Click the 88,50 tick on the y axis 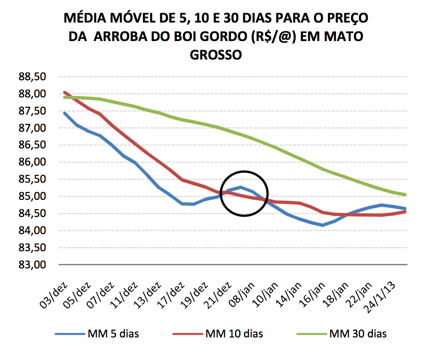coord(32,77)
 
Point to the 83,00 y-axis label coord(32,265)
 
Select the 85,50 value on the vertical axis coord(32,179)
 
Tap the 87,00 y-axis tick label coord(32,128)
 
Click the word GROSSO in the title coord(216,55)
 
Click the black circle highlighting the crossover coord(244,172)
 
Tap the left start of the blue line coord(65,113)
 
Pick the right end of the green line coord(405,195)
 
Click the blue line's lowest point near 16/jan coord(322,225)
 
